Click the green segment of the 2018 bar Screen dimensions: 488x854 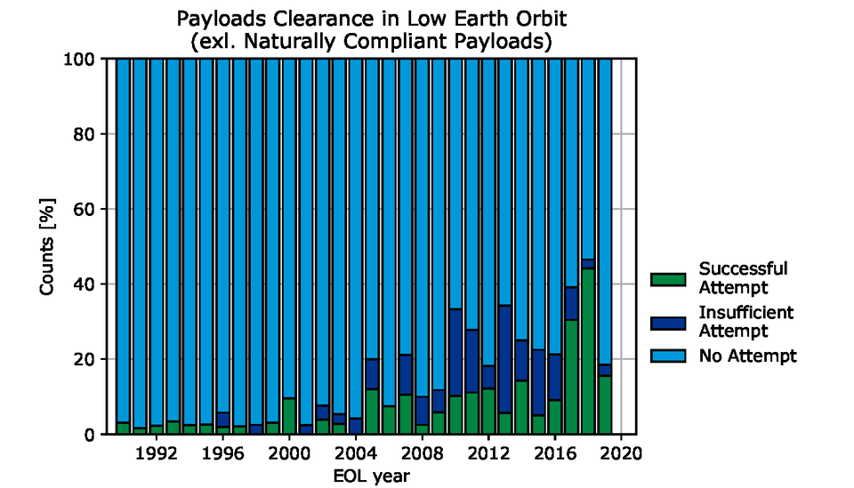[x=587, y=351]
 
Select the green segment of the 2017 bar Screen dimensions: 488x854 [x=571, y=377]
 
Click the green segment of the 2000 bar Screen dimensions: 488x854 [x=289, y=416]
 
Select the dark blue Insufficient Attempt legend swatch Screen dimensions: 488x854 [x=670, y=321]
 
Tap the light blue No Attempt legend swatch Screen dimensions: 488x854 [x=670, y=356]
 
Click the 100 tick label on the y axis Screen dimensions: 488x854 [x=82, y=60]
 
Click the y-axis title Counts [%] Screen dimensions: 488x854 [x=49, y=246]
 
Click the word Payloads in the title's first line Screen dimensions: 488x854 [x=216, y=20]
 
